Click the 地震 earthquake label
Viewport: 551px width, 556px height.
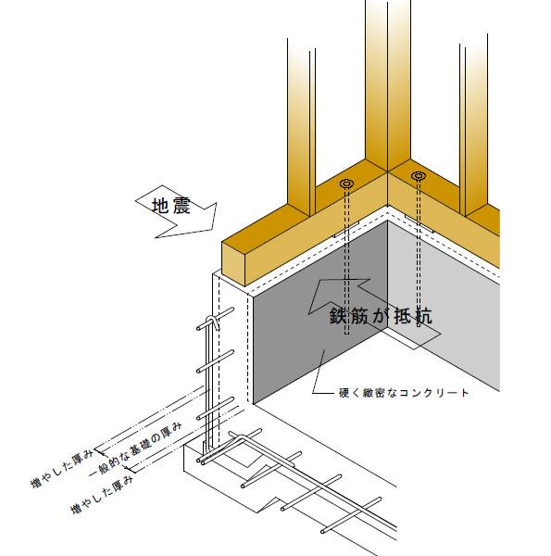coord(171,206)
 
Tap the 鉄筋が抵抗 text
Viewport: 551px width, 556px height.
coord(381,315)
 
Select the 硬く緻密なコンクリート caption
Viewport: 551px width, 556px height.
coord(404,393)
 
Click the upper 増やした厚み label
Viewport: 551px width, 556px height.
coord(62,468)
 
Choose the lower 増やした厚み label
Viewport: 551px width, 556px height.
coord(103,495)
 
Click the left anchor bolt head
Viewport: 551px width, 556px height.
coord(346,183)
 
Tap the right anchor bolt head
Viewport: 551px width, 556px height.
coord(419,175)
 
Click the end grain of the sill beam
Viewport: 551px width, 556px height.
coord(233,263)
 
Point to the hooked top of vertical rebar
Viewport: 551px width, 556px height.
coord(212,322)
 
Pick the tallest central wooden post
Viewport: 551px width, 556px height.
coord(388,85)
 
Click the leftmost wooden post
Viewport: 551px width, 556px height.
coord(301,128)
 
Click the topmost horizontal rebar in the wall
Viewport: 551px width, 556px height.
coord(215,319)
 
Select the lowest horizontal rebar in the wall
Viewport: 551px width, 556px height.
coord(215,409)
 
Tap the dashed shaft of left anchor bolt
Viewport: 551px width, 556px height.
coord(346,261)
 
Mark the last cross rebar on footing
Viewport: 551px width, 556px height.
coord(351,515)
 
